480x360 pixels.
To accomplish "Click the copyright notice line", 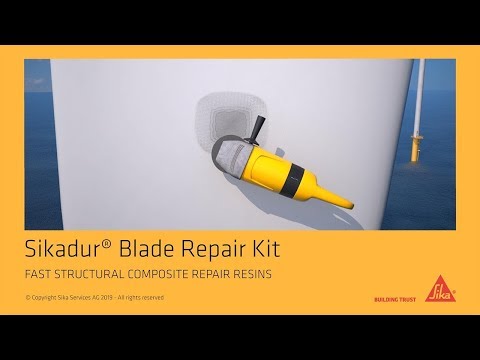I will (94, 298).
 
